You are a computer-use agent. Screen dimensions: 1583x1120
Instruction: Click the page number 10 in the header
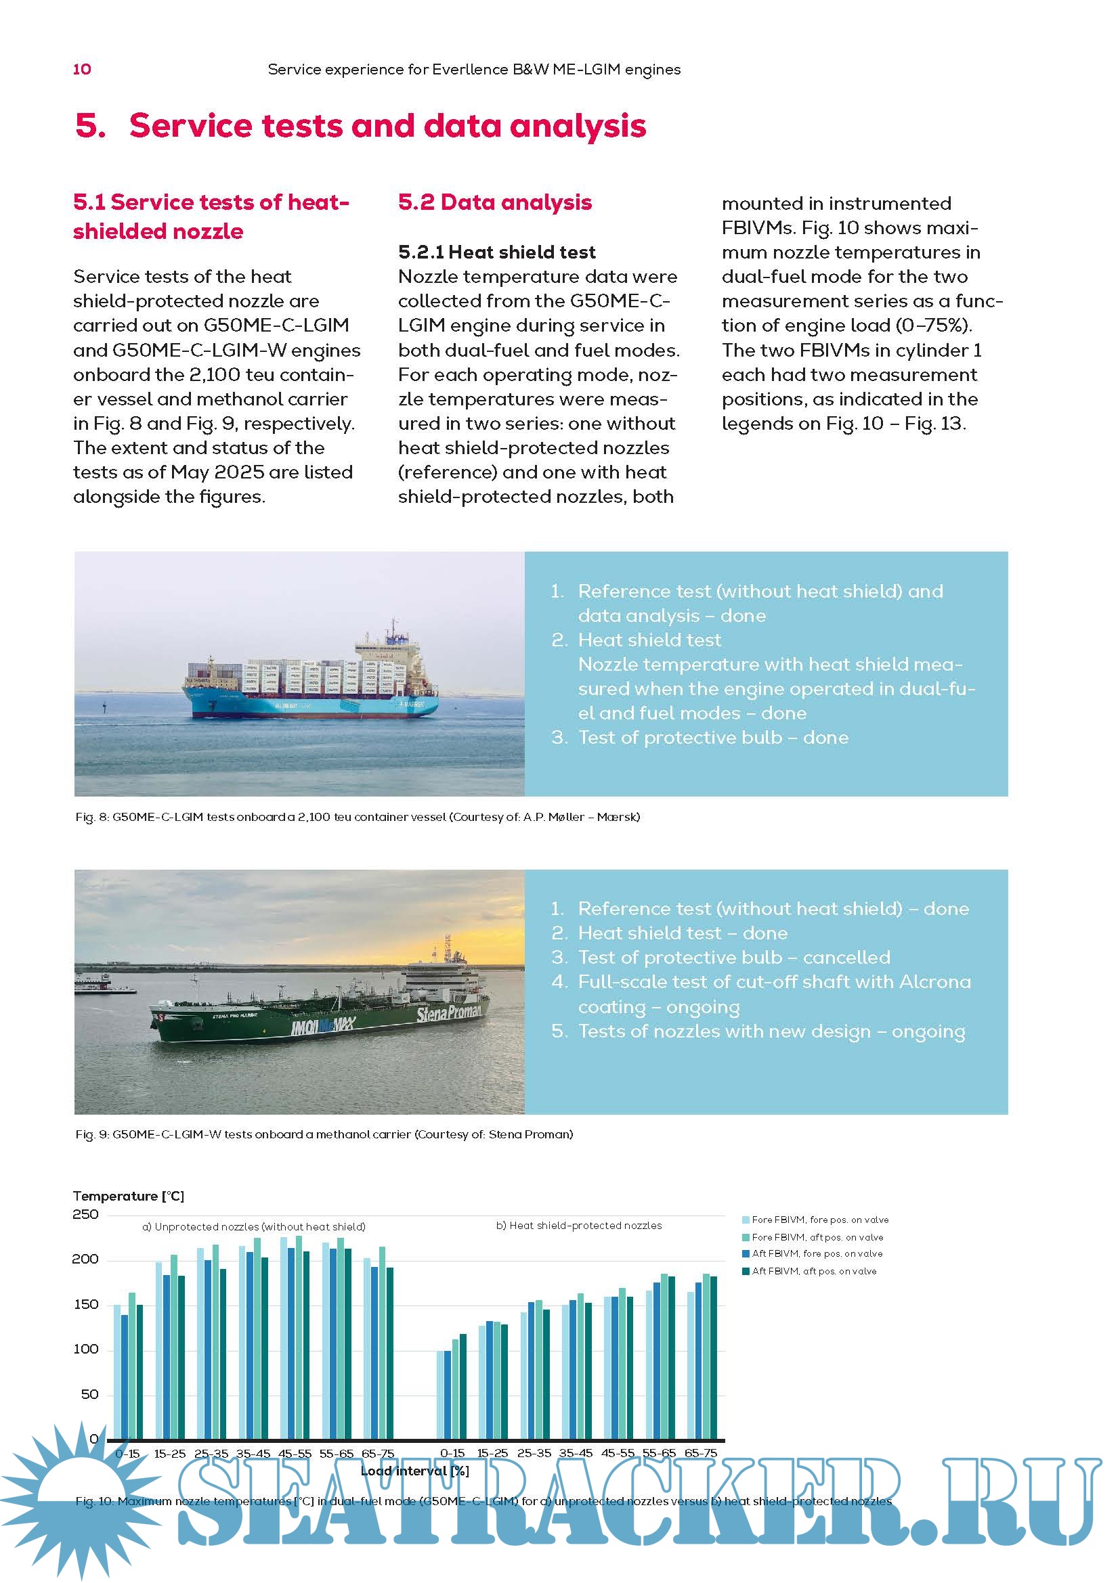tap(82, 69)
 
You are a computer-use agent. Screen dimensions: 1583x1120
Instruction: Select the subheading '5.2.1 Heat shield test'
tap(496, 252)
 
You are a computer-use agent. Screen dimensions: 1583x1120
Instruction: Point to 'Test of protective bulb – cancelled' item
tap(734, 957)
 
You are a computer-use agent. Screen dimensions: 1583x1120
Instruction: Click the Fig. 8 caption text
tap(358, 817)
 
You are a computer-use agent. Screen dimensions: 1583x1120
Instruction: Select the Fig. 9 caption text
tap(324, 1134)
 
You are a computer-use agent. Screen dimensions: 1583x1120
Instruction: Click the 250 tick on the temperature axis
tap(85, 1214)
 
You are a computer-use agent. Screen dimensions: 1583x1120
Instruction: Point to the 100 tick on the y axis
tap(85, 1349)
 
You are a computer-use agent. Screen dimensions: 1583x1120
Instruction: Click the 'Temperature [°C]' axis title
tap(128, 1195)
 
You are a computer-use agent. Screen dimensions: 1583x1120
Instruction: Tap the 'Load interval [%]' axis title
tap(414, 1471)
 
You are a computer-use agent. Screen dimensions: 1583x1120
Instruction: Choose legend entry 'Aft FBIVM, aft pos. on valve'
tap(814, 1272)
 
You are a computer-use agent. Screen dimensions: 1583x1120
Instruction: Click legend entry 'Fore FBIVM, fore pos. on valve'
tap(819, 1220)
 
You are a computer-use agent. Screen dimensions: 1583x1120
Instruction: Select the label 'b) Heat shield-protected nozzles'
tap(578, 1225)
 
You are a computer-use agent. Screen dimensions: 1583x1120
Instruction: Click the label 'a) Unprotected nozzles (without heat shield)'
tap(254, 1226)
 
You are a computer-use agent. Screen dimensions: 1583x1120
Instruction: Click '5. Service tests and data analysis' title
tap(361, 126)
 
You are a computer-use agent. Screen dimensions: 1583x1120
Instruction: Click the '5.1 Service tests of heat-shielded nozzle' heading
tap(211, 216)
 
